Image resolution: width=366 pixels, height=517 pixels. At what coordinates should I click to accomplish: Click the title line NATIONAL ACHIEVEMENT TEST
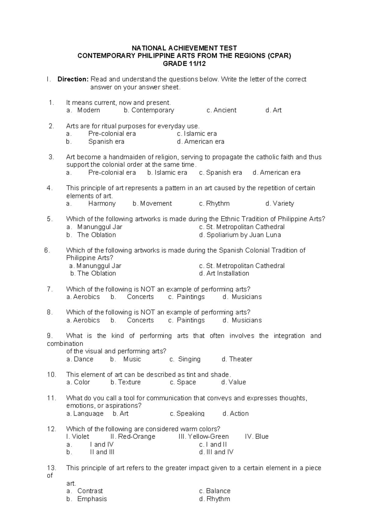coord(184,48)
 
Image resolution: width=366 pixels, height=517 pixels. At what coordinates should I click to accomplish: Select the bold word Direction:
coord(73,79)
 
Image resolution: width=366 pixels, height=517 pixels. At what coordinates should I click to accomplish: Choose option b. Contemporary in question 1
coord(149,110)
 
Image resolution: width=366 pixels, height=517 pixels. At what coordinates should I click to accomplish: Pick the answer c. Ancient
coord(221,110)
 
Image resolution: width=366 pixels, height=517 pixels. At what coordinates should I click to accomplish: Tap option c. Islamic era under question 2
coord(197,134)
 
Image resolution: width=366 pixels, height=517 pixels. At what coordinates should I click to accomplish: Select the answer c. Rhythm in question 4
coord(214,203)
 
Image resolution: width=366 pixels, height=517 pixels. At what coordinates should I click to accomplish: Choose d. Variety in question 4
coord(280,203)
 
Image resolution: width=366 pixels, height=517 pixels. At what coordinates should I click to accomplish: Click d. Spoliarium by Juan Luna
coord(240,235)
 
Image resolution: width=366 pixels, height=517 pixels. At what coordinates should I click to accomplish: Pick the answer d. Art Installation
coord(224,273)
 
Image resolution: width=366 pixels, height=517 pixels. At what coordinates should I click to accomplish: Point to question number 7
coord(50,289)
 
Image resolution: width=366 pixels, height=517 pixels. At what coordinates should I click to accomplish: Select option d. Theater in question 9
coord(237,359)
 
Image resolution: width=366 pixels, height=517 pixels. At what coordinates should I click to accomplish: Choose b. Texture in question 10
coord(126,382)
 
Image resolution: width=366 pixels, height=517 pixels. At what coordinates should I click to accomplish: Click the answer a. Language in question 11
coord(85,414)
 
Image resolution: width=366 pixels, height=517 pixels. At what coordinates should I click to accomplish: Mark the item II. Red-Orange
coord(133,437)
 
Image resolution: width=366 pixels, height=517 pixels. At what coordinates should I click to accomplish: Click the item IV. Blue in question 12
coord(257,437)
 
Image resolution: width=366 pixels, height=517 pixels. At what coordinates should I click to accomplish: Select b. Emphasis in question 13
coord(87,499)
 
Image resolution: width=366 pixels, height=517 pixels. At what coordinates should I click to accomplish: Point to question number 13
coord(51,468)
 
